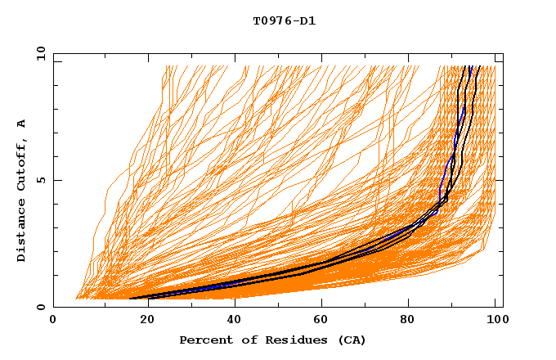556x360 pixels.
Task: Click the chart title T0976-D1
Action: coord(284,21)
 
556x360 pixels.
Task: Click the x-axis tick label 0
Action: coord(53,321)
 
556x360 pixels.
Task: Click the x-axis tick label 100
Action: coord(495,321)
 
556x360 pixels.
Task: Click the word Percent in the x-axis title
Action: coord(204,340)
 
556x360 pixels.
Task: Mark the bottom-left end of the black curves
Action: coord(131,299)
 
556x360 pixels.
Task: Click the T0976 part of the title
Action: coord(271,21)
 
